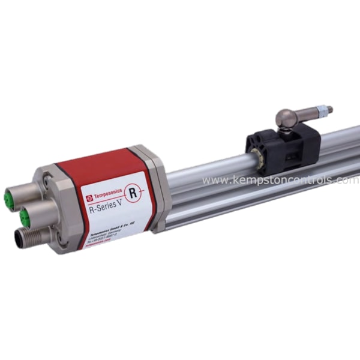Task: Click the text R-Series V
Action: tap(110, 208)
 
